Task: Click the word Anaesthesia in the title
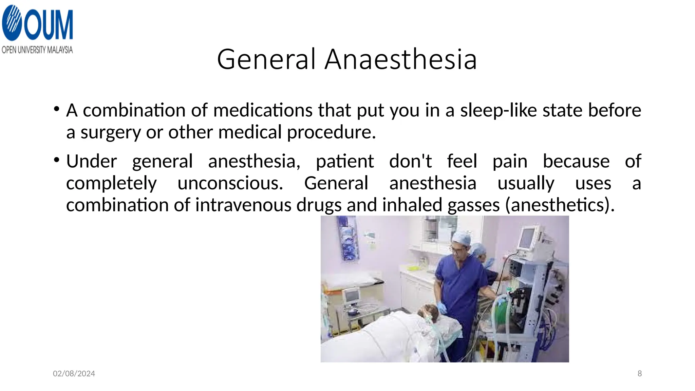(401, 59)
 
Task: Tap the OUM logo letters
(48, 24)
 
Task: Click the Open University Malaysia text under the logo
(37, 50)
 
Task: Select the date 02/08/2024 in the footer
(74, 374)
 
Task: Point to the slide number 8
(639, 374)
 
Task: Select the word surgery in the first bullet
(110, 132)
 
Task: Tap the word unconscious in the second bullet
(230, 183)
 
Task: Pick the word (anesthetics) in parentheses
(560, 205)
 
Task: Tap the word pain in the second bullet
(510, 161)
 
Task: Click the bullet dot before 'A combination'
(57, 109)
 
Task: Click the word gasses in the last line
(473, 205)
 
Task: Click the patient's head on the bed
(428, 311)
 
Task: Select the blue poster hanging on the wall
(348, 240)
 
